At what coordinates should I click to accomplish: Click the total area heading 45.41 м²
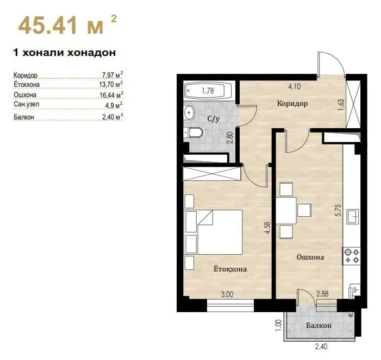coord(67,25)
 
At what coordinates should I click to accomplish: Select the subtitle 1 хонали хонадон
coord(64,53)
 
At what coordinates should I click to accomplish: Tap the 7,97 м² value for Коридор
coord(113,74)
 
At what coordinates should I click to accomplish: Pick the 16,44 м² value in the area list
coord(111,94)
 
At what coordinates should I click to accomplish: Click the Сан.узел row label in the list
coord(27,104)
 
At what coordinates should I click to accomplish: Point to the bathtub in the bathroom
coord(208,91)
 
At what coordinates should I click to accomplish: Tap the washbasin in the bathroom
coord(189,112)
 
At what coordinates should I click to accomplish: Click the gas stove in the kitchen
coord(351,256)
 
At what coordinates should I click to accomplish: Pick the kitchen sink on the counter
coord(353,217)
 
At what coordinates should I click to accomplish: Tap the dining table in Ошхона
coord(286,211)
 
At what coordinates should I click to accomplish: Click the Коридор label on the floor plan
coord(292,103)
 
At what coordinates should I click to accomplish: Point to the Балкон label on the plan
coord(319,325)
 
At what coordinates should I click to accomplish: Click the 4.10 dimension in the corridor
coord(294,86)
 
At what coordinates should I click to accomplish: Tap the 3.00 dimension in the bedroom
coord(227,294)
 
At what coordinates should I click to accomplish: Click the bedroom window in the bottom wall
coord(230,306)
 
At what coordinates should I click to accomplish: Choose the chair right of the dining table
coord(304,210)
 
